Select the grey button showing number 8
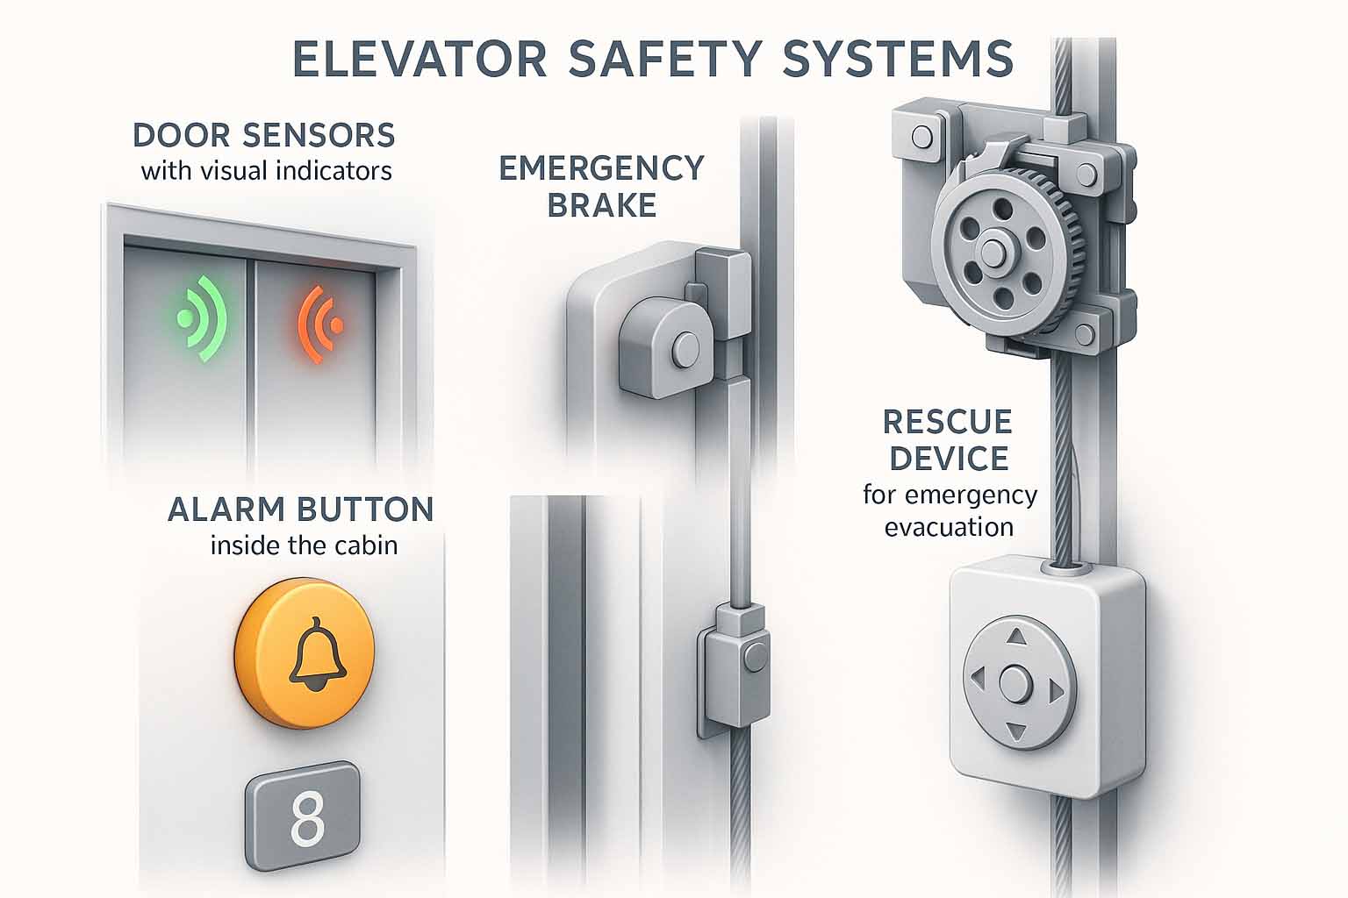pyautogui.click(x=303, y=816)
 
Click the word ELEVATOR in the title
pyautogui.click(x=419, y=59)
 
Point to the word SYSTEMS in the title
pyautogui.click(x=898, y=59)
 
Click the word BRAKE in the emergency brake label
pyautogui.click(x=602, y=205)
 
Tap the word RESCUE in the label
pyautogui.click(x=948, y=422)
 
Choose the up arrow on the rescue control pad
pyautogui.click(x=1016, y=637)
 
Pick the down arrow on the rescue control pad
pyautogui.click(x=1016, y=731)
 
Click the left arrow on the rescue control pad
pyautogui.click(x=978, y=679)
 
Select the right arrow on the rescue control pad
pyautogui.click(x=1056, y=691)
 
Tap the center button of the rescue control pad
pyautogui.click(x=1016, y=684)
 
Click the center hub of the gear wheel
pyautogui.click(x=993, y=252)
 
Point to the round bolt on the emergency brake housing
pyautogui.click(x=685, y=349)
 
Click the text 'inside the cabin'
pyautogui.click(x=304, y=545)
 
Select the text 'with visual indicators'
pyautogui.click(x=267, y=171)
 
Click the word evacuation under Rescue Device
pyautogui.click(x=949, y=528)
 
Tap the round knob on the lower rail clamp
pyautogui.click(x=756, y=656)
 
